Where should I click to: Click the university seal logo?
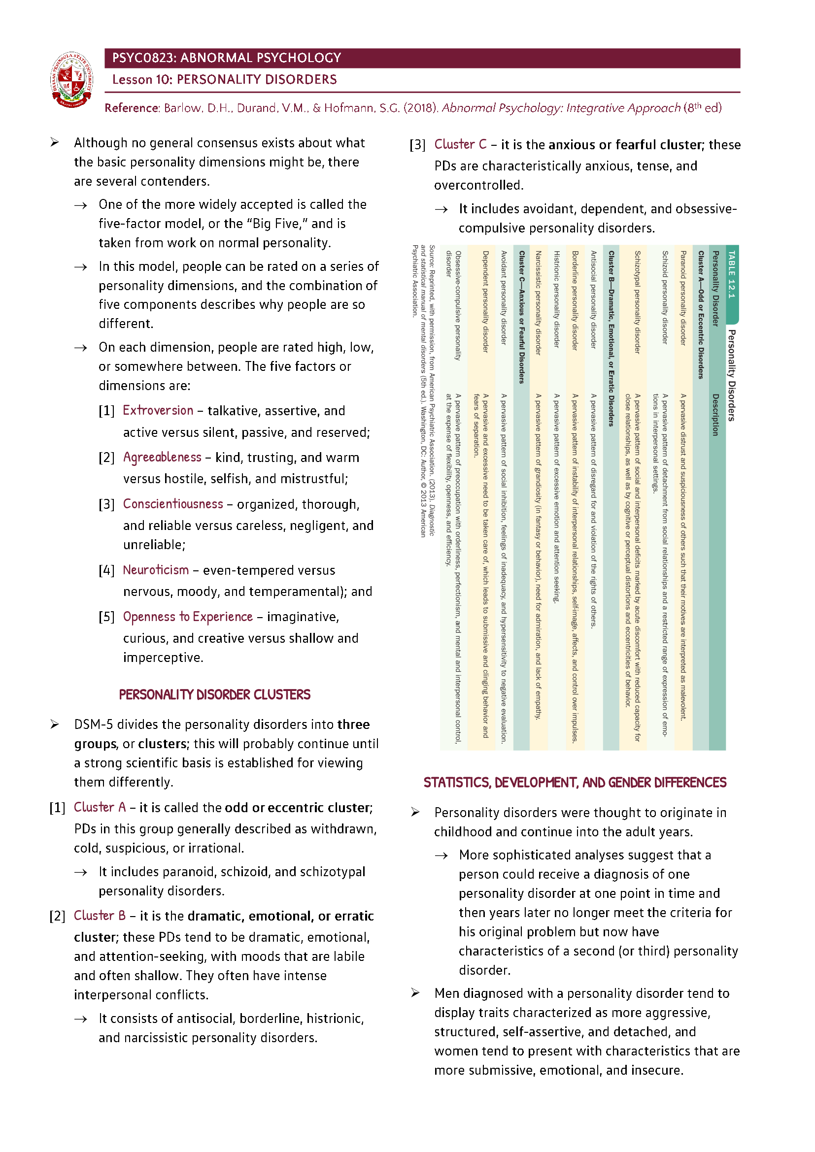tap(72, 80)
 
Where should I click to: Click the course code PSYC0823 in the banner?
tap(143, 58)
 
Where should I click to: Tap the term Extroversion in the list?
tap(158, 410)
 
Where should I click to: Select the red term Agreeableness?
tap(162, 457)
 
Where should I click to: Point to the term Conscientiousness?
tap(172, 504)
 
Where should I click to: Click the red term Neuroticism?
tap(156, 570)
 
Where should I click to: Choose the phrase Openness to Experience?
tap(188, 617)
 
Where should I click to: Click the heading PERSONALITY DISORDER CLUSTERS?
tap(214, 694)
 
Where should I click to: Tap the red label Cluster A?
tap(100, 807)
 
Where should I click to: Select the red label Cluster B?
tap(100, 916)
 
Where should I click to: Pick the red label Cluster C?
tap(460, 144)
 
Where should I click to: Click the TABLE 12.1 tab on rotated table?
tap(731, 274)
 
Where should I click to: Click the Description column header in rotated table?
tap(715, 414)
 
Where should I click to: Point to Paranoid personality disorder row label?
tap(683, 298)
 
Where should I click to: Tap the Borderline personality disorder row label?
tap(575, 300)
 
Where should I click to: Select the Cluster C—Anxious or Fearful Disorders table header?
tap(521, 317)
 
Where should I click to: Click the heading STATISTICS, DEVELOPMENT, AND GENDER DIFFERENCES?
tap(575, 783)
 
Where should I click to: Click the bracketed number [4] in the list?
tap(106, 570)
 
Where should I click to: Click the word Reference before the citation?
tap(132, 108)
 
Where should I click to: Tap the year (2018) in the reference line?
tap(421, 108)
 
